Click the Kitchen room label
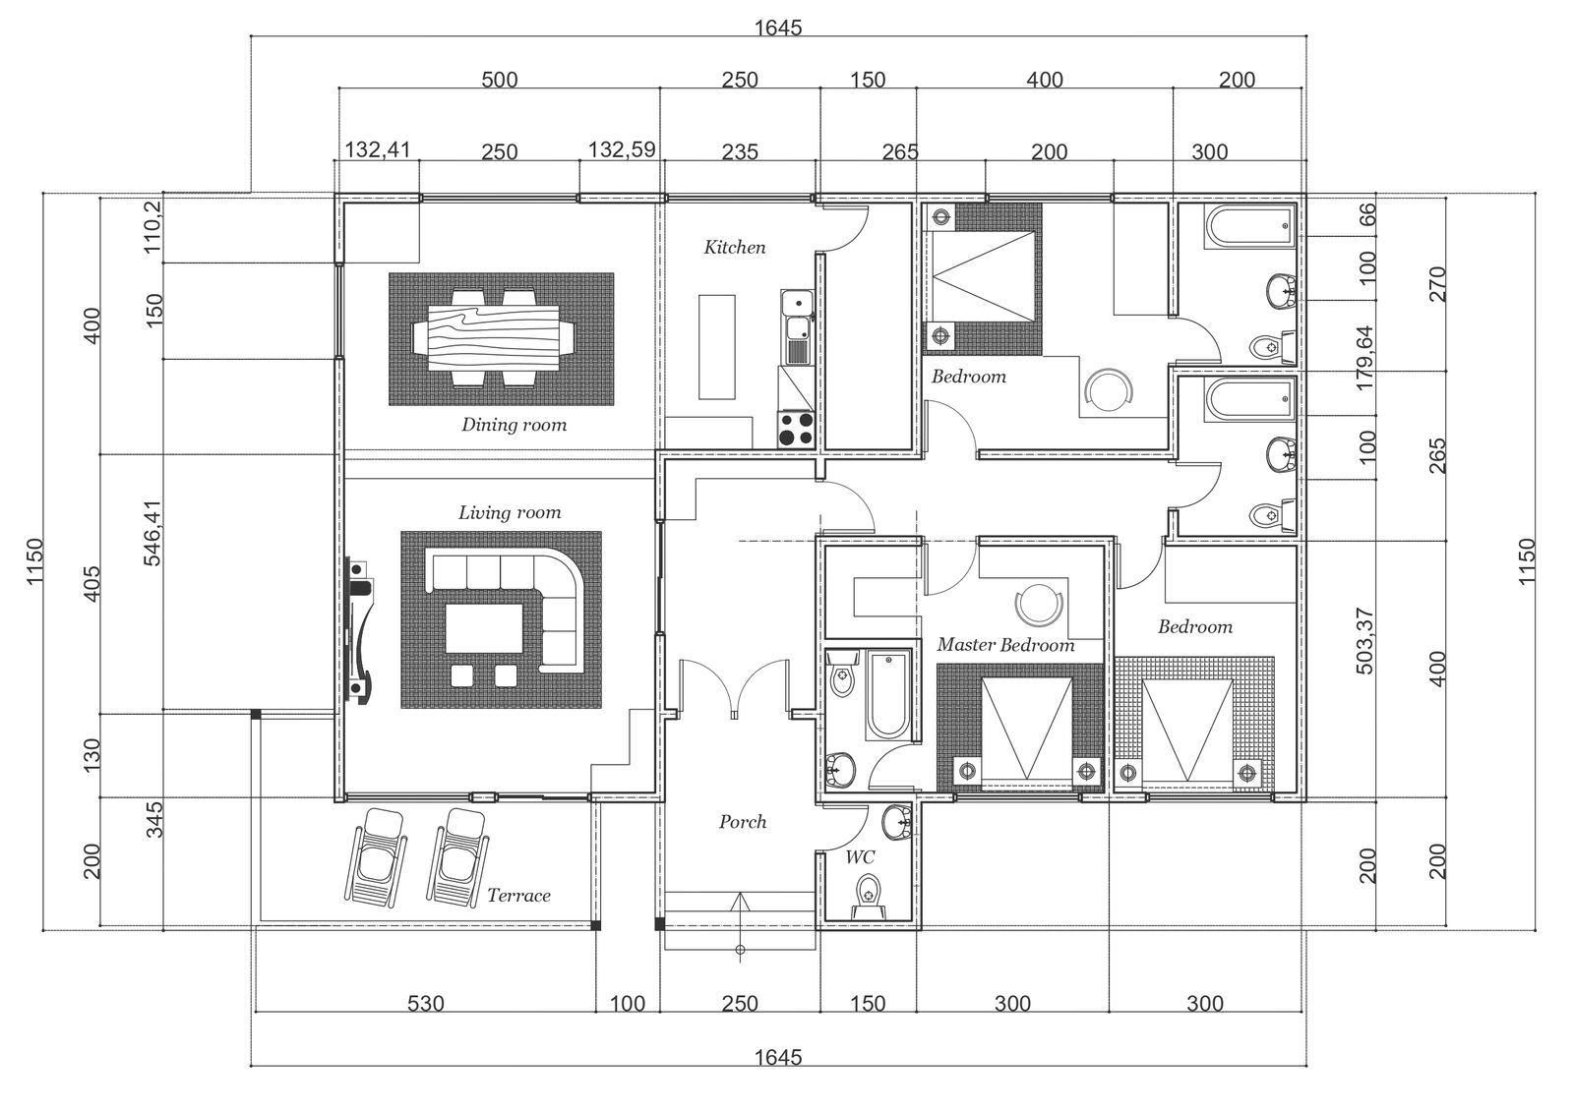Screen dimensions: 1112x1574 click(x=734, y=247)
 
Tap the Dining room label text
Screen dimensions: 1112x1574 click(x=514, y=425)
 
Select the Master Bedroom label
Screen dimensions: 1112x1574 click(x=1004, y=645)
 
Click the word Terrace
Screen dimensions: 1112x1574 click(x=518, y=895)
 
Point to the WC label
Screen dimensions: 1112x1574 click(x=860, y=857)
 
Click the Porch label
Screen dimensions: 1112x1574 click(x=742, y=821)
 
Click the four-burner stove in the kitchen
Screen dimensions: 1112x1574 click(x=797, y=429)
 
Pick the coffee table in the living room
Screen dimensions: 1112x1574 click(x=484, y=627)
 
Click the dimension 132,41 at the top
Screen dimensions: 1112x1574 click(x=377, y=149)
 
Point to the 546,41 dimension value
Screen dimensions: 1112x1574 click(x=152, y=533)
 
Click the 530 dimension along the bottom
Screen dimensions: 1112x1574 click(x=425, y=1004)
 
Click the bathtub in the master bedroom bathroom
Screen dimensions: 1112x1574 click(x=889, y=695)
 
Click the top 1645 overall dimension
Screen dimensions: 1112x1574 click(x=777, y=28)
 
